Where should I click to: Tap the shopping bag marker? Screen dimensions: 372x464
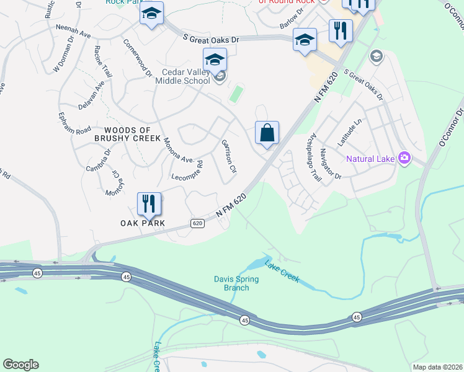click(267, 133)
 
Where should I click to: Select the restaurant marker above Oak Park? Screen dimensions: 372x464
click(149, 204)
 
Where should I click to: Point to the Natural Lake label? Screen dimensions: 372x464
click(370, 159)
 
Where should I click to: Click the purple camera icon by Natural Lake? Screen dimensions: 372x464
click(404, 158)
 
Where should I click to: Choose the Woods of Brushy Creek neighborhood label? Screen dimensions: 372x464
click(127, 133)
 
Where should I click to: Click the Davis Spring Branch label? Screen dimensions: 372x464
click(236, 283)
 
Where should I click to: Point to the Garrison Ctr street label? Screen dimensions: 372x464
click(229, 156)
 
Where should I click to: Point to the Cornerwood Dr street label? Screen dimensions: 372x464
click(137, 59)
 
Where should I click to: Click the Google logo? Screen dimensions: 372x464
click(20, 365)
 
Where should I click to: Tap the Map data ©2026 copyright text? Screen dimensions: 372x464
click(437, 367)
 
